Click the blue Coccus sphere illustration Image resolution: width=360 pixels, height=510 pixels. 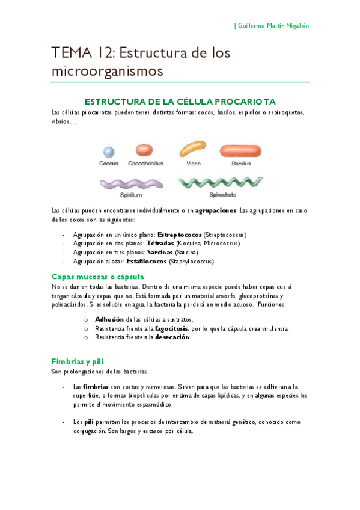[x=108, y=153]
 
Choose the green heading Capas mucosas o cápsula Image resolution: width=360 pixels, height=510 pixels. [x=97, y=277]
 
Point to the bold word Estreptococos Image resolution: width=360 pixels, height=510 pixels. [x=179, y=234]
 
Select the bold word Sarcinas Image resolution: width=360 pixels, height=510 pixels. [x=159, y=253]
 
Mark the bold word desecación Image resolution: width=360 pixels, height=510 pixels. [x=172, y=337]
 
